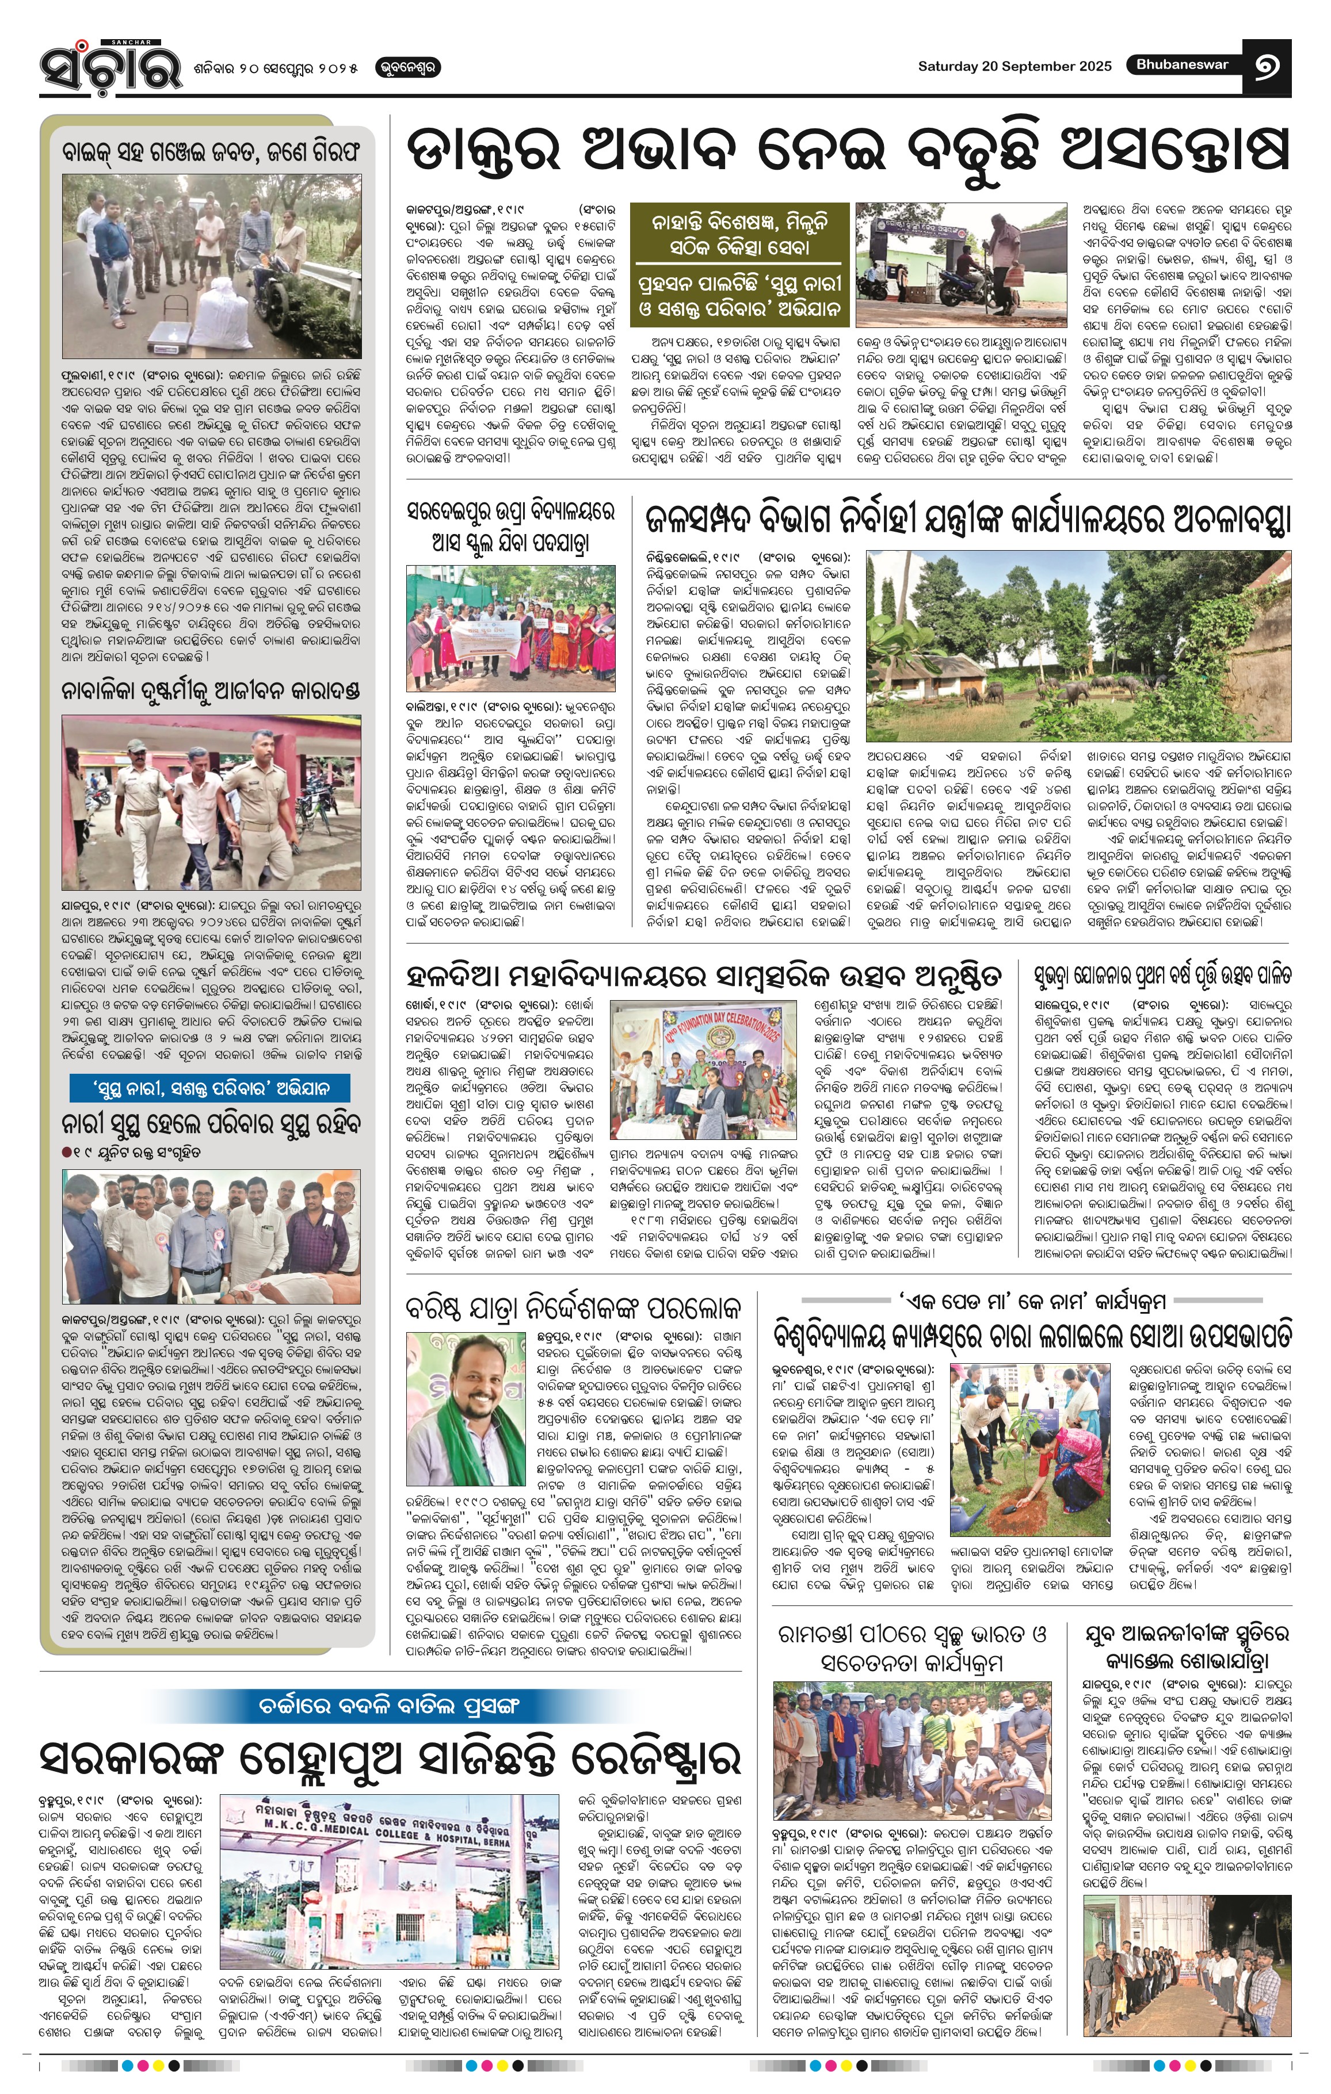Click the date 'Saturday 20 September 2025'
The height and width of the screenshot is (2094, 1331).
coord(1014,66)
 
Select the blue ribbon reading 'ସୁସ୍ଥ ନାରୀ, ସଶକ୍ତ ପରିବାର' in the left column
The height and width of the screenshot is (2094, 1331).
coord(211,1087)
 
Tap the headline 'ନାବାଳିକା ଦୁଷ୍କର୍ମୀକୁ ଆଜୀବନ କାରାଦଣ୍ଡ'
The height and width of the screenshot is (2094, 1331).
coord(211,691)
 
